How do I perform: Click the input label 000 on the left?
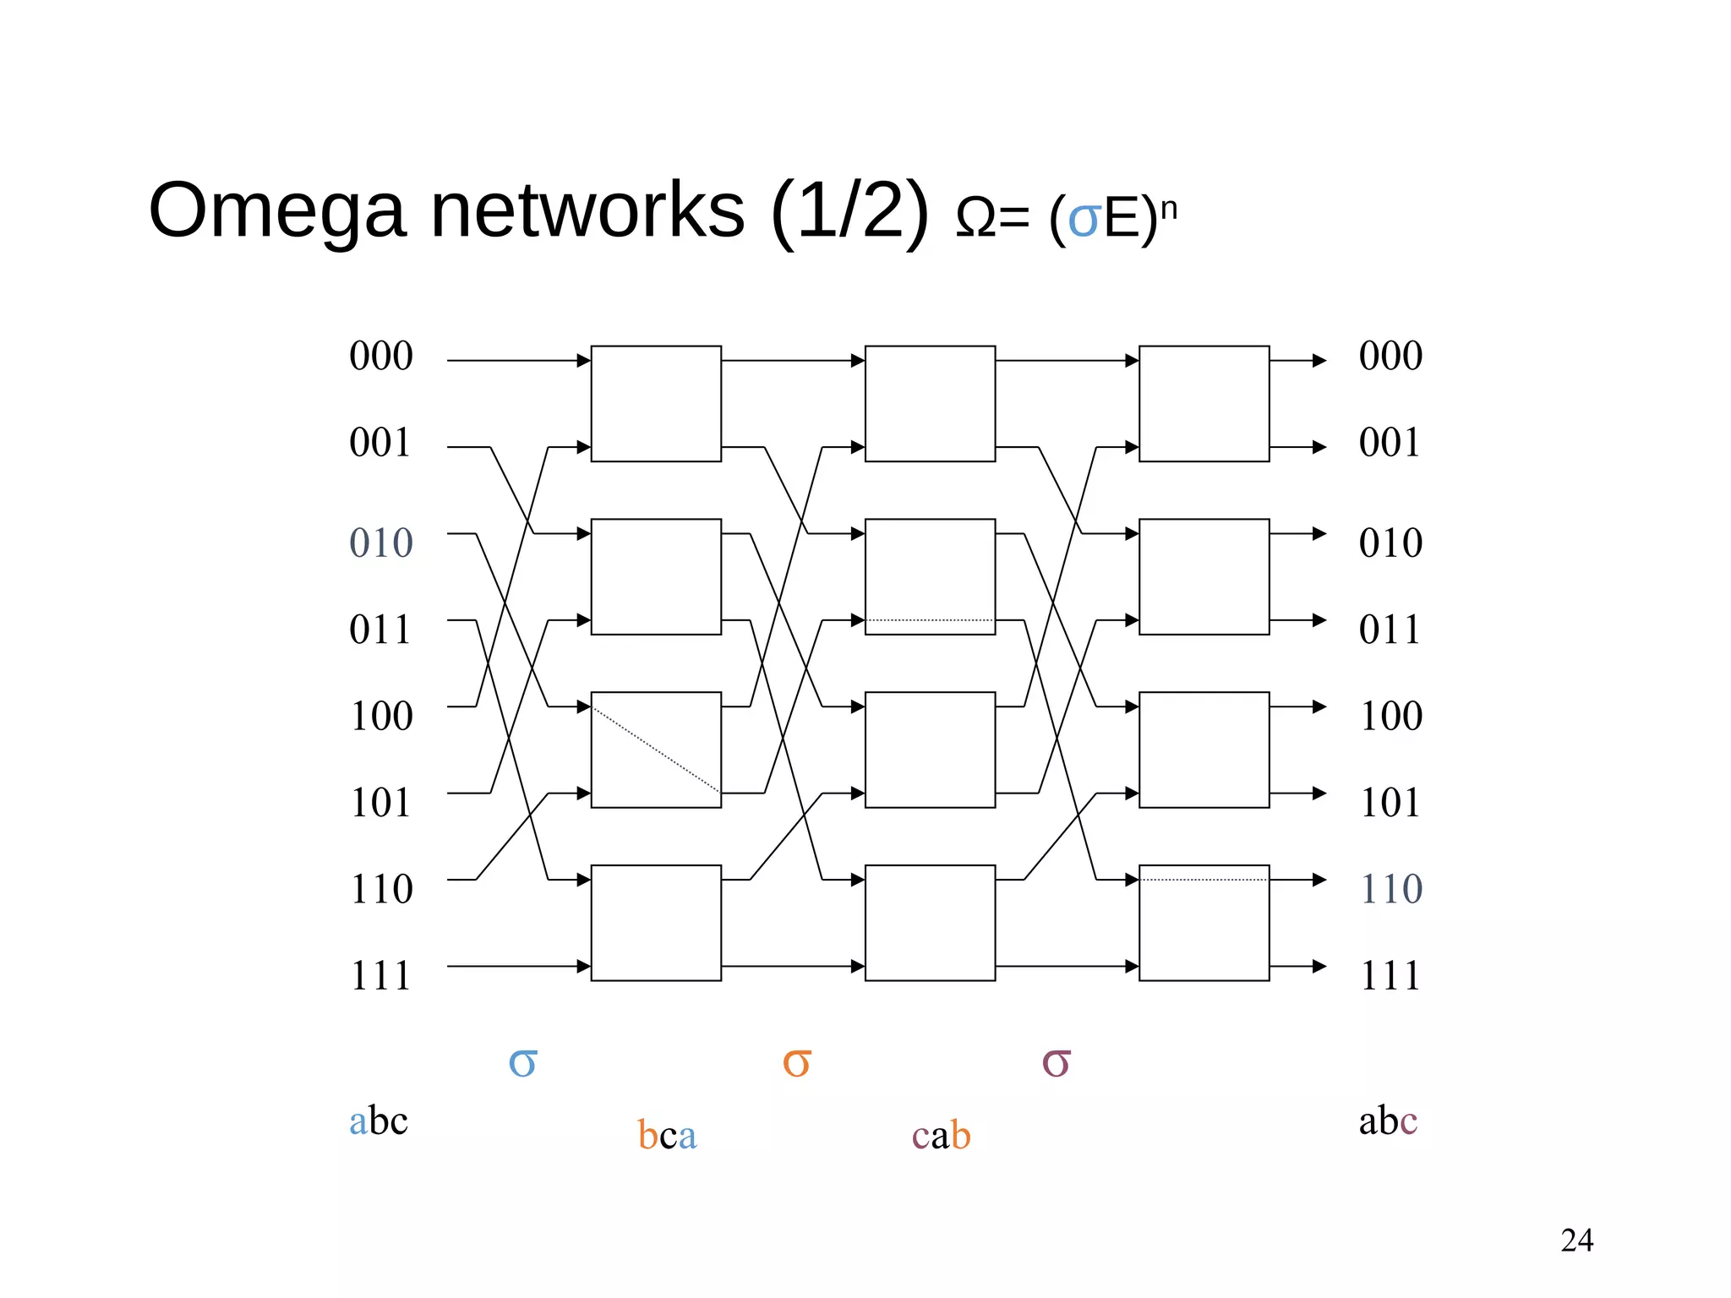point(380,356)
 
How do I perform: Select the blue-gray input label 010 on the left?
point(380,543)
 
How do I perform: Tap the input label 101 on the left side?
point(380,802)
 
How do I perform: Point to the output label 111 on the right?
point(1390,975)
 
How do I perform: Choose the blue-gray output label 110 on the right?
point(1390,889)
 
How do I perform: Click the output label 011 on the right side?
point(1390,630)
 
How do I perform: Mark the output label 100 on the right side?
point(1390,716)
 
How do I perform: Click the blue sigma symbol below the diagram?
point(522,1062)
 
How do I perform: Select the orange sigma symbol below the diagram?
point(796,1062)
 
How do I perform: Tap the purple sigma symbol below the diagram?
point(1056,1062)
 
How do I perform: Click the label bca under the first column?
point(667,1135)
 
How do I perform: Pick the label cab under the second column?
point(941,1135)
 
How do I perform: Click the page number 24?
point(1576,1241)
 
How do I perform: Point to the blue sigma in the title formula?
point(1084,220)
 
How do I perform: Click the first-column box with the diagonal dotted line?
point(656,750)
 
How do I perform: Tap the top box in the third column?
point(1204,403)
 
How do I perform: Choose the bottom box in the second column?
point(930,922)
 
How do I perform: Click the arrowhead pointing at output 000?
point(1319,361)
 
